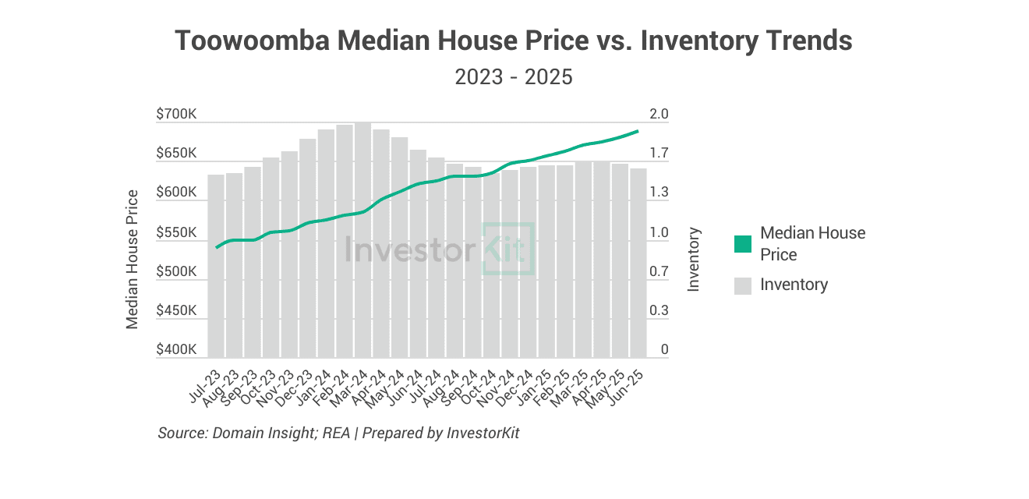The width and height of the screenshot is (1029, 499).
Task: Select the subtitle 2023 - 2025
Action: click(x=514, y=77)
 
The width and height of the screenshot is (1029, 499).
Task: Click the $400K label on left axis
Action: click(x=176, y=350)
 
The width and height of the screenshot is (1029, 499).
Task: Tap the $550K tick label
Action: click(x=176, y=233)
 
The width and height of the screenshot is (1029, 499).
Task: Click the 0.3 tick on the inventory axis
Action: click(x=659, y=311)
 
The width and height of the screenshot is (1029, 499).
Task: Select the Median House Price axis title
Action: click(x=133, y=259)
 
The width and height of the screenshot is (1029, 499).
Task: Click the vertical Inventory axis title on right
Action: click(x=694, y=260)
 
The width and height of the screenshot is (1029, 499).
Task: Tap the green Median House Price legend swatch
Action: click(x=744, y=244)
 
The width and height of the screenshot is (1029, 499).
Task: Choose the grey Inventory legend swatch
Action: click(x=744, y=285)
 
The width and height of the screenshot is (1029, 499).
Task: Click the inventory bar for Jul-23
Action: click(x=215, y=266)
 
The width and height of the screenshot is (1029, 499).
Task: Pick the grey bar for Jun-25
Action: click(x=638, y=263)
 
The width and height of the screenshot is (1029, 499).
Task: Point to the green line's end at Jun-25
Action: click(x=638, y=131)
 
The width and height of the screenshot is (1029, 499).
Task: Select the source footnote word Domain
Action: click(x=234, y=433)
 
